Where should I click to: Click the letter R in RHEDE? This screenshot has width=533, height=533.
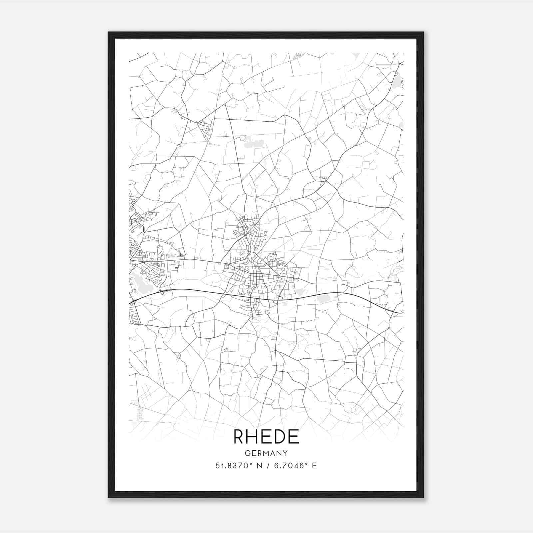pyautogui.click(x=240, y=437)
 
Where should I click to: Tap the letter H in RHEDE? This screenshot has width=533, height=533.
pyautogui.click(x=254, y=437)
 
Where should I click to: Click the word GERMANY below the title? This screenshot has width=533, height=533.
pyautogui.click(x=266, y=453)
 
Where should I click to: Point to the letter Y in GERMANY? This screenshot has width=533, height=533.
pyautogui.click(x=285, y=453)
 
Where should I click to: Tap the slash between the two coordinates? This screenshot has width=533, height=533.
pyautogui.click(x=266, y=466)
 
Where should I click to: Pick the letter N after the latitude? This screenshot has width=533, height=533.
pyautogui.click(x=258, y=466)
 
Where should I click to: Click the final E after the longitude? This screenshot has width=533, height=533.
pyautogui.click(x=314, y=466)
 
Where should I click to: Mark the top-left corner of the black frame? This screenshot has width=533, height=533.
pyautogui.click(x=109, y=32)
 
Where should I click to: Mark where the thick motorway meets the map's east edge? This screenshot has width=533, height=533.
pyautogui.click(x=402, y=313)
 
